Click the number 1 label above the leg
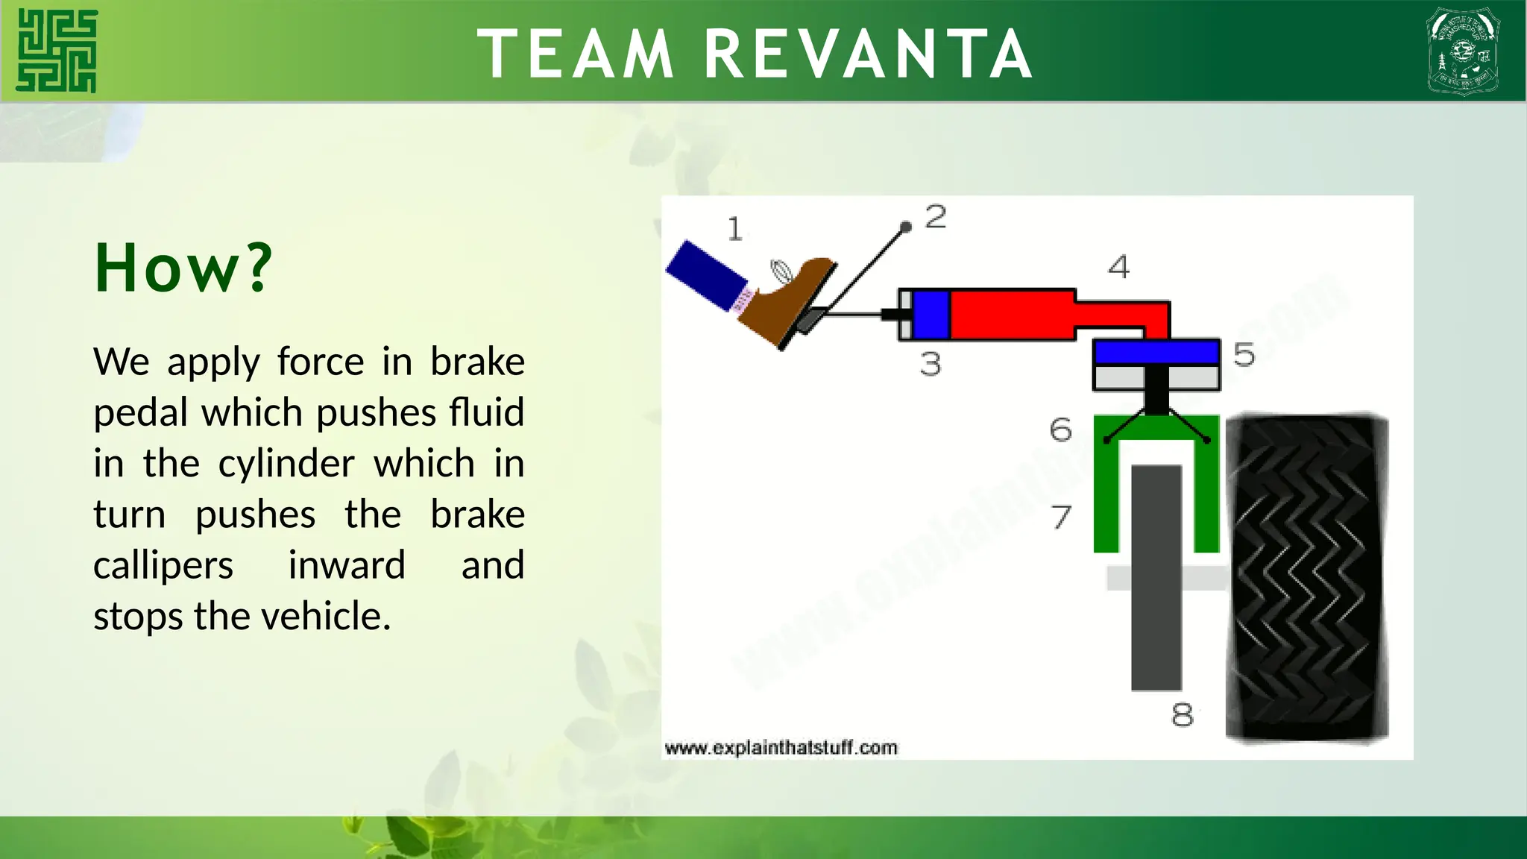(x=735, y=229)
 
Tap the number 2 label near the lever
(x=936, y=217)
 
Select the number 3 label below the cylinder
(x=931, y=364)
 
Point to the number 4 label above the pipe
(x=1118, y=267)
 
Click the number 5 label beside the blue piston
(x=1244, y=355)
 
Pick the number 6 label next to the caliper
(x=1060, y=430)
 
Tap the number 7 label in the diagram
(x=1061, y=517)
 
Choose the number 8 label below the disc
(x=1182, y=715)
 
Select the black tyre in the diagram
(x=1306, y=578)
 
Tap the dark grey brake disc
(x=1156, y=578)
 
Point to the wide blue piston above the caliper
(x=1156, y=352)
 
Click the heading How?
(x=183, y=268)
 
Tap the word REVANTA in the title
(x=868, y=54)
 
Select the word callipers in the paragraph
(x=163, y=565)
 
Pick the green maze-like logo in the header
(x=57, y=51)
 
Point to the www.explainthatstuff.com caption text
(x=781, y=748)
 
